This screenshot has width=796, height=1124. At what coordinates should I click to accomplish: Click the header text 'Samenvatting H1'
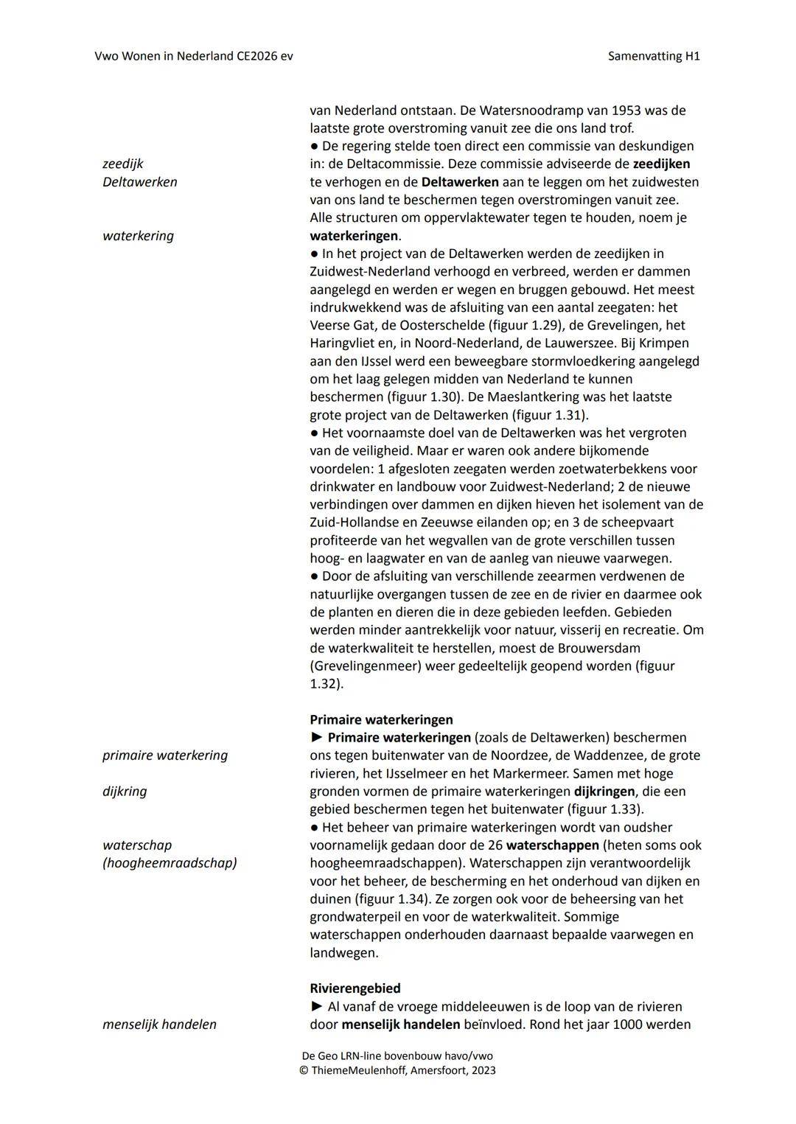[654, 56]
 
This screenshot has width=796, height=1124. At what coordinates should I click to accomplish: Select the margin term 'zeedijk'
[122, 164]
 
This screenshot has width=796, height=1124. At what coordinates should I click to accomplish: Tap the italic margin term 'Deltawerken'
[139, 182]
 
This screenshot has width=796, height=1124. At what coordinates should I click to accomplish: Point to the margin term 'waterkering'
[138, 236]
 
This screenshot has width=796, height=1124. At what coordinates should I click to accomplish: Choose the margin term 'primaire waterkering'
[165, 755]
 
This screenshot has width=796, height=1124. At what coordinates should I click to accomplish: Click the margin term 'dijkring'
[125, 792]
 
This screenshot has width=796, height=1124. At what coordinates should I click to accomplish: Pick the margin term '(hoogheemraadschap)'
[170, 863]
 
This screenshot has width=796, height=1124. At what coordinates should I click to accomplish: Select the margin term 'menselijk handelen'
[159, 1024]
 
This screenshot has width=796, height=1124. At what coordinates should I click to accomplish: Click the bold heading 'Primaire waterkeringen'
[381, 719]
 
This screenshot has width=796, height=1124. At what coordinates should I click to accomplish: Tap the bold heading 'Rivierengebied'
[355, 988]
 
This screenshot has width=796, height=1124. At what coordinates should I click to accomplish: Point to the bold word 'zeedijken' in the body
[661, 164]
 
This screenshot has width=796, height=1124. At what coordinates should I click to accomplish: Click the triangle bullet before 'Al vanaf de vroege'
[317, 1007]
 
